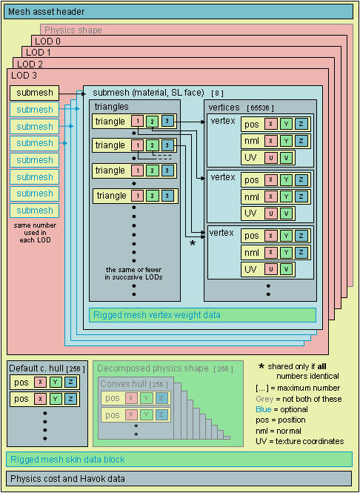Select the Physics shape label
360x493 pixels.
[x=73, y=30]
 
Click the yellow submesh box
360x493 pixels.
[x=35, y=93]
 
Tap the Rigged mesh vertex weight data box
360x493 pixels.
[x=202, y=314]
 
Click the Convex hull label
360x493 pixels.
[x=123, y=384]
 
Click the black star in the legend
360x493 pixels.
[x=262, y=366]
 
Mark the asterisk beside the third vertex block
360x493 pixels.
[x=192, y=242]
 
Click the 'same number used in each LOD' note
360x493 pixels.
[x=35, y=233]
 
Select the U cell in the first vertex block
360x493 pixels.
[x=271, y=157]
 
